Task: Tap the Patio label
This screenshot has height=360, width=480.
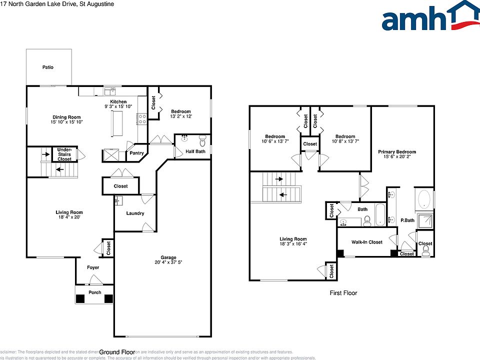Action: click(47, 67)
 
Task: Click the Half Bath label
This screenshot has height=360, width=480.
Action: click(195, 151)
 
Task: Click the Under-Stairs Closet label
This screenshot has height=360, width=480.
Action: click(64, 154)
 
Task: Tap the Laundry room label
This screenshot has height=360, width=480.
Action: click(135, 213)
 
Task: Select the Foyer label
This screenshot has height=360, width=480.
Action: click(93, 267)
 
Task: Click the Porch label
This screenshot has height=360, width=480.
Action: click(94, 292)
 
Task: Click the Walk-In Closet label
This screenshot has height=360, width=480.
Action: click(366, 242)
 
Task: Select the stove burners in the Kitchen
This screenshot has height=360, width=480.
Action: click(141, 118)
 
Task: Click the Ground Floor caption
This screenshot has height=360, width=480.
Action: click(117, 352)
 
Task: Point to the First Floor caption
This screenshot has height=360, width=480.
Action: click(343, 293)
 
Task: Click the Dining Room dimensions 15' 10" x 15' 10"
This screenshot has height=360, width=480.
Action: click(66, 122)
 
